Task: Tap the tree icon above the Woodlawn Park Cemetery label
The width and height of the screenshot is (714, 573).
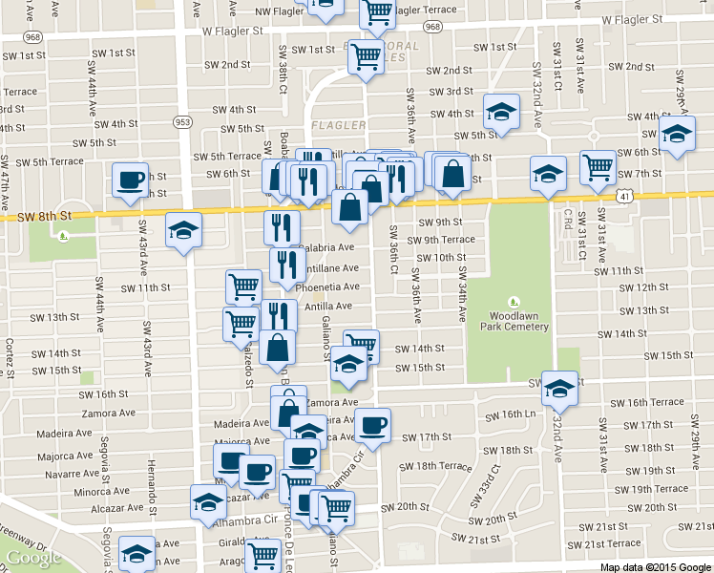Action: pyautogui.click(x=513, y=302)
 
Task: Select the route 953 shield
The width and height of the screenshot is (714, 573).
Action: pyautogui.click(x=182, y=121)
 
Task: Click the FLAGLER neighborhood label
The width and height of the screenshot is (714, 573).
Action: pyautogui.click(x=338, y=125)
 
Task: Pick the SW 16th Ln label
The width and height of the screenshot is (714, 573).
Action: pyautogui.click(x=513, y=415)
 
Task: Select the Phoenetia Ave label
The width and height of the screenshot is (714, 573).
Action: pyautogui.click(x=327, y=286)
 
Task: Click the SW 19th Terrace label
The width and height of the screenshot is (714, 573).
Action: pyautogui.click(x=652, y=489)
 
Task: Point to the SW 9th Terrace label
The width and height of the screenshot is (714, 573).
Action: pyautogui.click(x=442, y=240)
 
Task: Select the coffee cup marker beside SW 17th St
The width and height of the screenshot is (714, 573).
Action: pyautogui.click(x=374, y=426)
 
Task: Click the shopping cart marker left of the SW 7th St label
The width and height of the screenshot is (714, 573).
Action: pyautogui.click(x=598, y=169)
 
